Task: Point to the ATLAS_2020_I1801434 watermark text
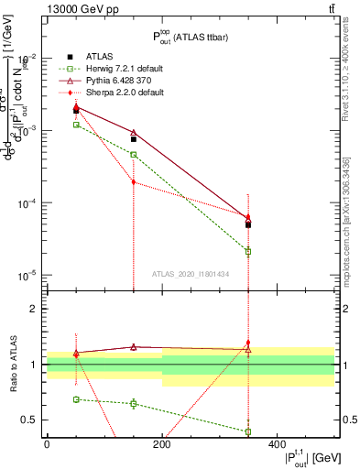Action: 191,274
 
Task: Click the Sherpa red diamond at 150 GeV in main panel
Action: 134,181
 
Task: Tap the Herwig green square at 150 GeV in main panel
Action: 134,155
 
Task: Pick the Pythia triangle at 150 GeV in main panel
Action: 134,133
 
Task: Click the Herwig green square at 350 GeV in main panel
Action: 248,251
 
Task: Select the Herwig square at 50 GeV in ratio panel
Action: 76,399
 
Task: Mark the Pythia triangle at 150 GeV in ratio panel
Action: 134,347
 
